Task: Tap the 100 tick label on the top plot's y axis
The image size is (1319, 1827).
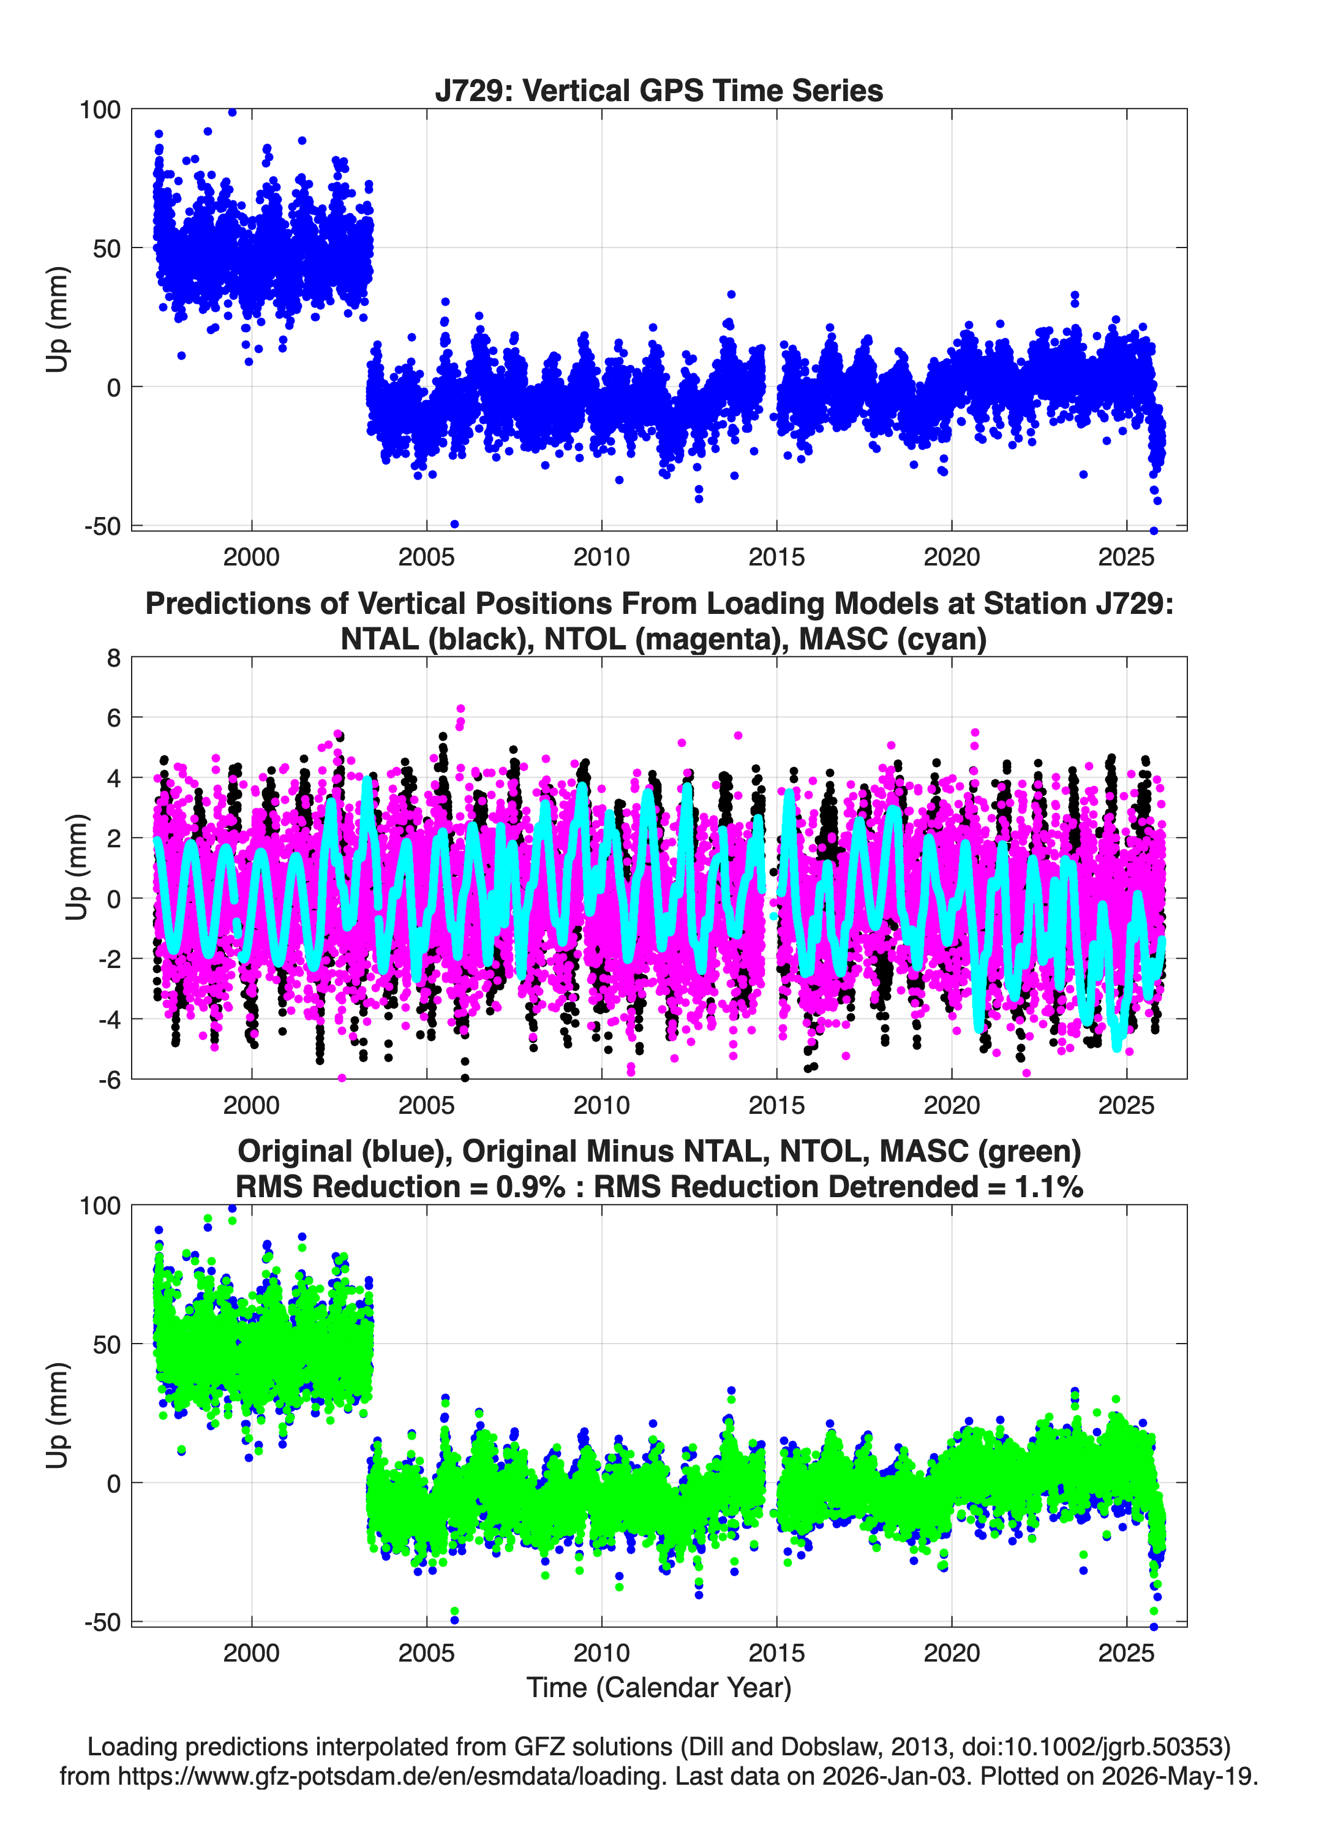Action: (x=99, y=110)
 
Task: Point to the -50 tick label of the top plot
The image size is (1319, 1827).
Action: (x=102, y=526)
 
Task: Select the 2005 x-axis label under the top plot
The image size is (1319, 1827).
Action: (x=426, y=557)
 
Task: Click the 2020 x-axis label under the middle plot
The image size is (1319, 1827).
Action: (x=951, y=1105)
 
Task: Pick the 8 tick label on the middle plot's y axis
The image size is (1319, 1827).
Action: (x=113, y=658)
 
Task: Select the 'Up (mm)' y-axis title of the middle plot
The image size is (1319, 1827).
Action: (x=77, y=868)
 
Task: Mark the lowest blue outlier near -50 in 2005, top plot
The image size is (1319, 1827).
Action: (x=454, y=524)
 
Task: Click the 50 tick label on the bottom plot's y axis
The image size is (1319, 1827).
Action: (x=107, y=1344)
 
